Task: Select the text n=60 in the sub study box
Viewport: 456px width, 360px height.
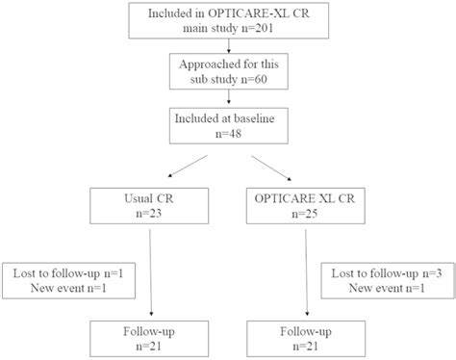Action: pyautogui.click(x=253, y=79)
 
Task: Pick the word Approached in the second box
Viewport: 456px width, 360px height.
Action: pyautogui.click(x=207, y=64)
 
